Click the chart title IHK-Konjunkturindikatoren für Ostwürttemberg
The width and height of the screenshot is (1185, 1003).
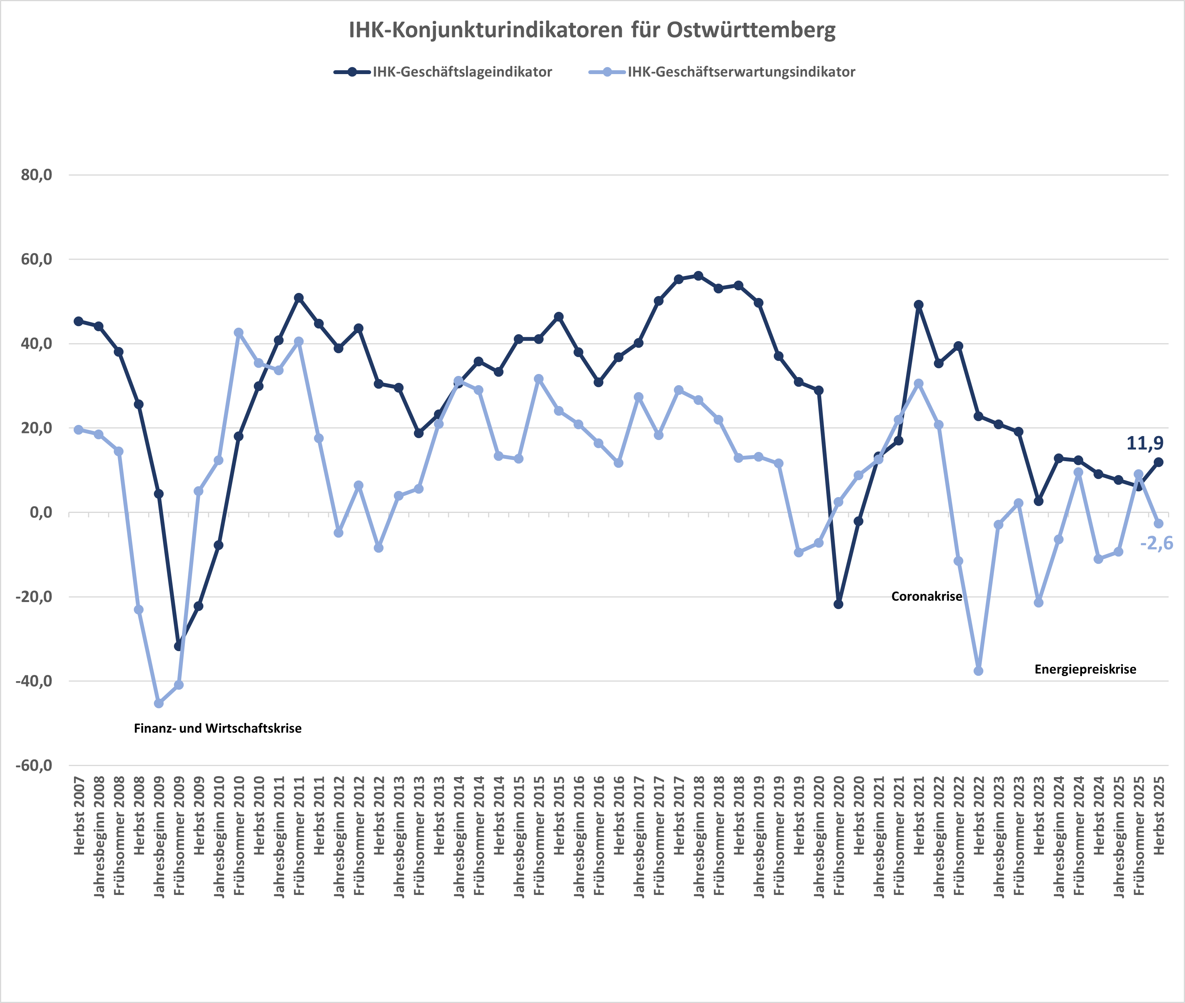pos(592,30)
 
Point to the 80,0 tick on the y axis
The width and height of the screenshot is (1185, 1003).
pos(36,175)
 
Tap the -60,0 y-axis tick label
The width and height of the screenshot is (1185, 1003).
pos(34,765)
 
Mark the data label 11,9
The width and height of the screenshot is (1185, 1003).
pos(1144,443)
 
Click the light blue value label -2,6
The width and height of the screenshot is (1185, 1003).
pos(1156,544)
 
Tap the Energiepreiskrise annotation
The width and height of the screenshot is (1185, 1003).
pos(1085,669)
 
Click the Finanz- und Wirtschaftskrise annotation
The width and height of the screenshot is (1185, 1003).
pos(218,728)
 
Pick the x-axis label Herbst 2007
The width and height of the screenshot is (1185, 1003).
pos(79,816)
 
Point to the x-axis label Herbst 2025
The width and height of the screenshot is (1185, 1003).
pos(1159,816)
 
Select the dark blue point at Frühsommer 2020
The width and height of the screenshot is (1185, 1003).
pos(838,604)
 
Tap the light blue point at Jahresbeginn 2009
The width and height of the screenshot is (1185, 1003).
pos(159,704)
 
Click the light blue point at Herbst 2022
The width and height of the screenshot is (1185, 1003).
pos(978,671)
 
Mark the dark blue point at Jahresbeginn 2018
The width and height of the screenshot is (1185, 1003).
pos(699,276)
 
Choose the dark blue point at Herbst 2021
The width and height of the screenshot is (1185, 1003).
pos(918,305)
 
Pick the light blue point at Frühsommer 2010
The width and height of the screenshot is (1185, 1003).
pos(239,333)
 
